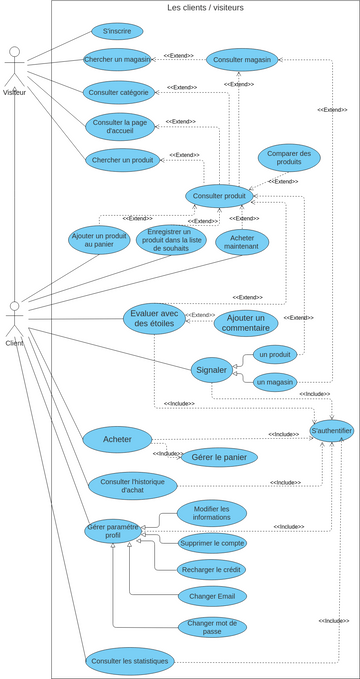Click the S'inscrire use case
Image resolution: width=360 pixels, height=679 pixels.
(x=117, y=31)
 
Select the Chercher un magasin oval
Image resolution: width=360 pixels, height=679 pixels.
(x=117, y=59)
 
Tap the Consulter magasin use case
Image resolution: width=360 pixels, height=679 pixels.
(x=242, y=59)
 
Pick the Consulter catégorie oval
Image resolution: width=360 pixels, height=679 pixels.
(x=118, y=92)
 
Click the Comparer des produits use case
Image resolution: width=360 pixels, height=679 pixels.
(x=289, y=158)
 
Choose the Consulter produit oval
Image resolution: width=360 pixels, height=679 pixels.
(x=219, y=195)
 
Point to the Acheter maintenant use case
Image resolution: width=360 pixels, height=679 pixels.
(x=242, y=242)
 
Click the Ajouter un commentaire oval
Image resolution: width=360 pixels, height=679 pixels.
(x=245, y=323)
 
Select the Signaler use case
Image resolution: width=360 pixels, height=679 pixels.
(x=212, y=369)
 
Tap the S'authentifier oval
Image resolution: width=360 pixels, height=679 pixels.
(x=331, y=431)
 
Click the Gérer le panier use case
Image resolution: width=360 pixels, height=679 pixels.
(x=219, y=457)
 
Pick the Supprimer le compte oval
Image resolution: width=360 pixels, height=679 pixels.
(x=212, y=542)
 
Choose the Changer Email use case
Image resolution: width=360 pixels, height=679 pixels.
(x=212, y=596)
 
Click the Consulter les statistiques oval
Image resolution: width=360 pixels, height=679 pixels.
(x=130, y=661)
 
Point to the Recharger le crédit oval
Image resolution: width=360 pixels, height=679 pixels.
(x=212, y=569)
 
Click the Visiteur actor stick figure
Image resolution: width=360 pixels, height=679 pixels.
(x=14, y=66)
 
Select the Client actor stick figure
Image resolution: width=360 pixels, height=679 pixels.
(x=14, y=319)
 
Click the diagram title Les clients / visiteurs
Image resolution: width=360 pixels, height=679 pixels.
(x=205, y=7)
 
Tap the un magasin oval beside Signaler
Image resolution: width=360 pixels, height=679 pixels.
(x=275, y=381)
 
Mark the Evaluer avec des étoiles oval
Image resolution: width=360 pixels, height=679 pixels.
(x=154, y=318)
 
